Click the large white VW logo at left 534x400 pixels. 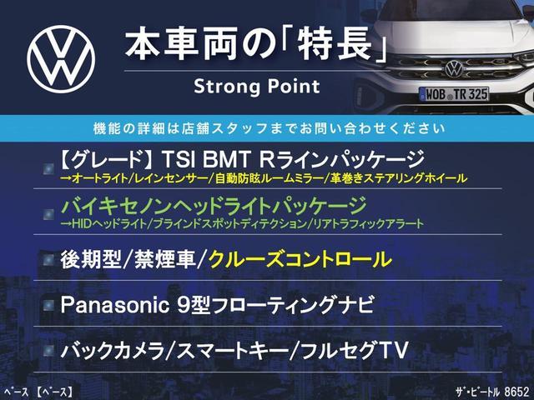click(x=61, y=59)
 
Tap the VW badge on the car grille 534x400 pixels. click(x=454, y=68)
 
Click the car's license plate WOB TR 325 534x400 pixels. click(x=454, y=94)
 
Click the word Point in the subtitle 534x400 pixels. click(x=294, y=86)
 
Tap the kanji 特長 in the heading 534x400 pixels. click(x=334, y=46)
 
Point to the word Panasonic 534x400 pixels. click(x=115, y=305)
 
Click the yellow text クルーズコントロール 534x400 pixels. click(x=300, y=259)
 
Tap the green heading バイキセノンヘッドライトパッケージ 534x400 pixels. click(x=214, y=206)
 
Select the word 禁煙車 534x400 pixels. click(x=165, y=259)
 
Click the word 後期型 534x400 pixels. click(x=91, y=259)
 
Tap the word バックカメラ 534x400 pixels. click(x=113, y=351)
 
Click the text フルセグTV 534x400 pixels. click(x=355, y=351)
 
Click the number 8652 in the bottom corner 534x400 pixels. click(x=516, y=392)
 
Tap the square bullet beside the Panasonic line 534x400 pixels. click(x=48, y=306)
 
